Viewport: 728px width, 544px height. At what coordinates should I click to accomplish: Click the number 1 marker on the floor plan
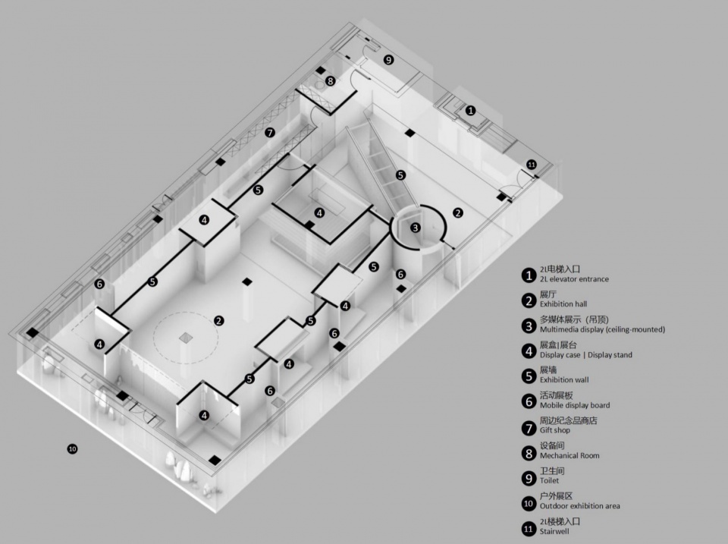click(471, 111)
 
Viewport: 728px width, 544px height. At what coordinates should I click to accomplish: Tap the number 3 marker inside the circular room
click(416, 228)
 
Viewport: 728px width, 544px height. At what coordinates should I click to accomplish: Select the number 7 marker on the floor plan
click(270, 133)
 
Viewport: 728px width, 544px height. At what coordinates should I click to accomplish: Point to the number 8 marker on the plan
click(330, 81)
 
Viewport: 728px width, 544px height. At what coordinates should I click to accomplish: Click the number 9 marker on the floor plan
click(388, 59)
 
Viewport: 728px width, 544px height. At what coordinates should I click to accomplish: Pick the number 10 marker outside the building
click(72, 448)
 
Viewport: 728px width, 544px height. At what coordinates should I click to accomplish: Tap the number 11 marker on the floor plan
click(531, 165)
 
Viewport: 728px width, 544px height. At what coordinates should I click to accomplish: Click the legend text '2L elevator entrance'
click(574, 279)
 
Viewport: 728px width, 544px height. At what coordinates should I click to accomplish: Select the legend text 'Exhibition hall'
click(563, 304)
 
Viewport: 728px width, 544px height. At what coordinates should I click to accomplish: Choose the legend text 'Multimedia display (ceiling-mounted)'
click(602, 330)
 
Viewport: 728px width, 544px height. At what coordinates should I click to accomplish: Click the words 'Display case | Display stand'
click(586, 355)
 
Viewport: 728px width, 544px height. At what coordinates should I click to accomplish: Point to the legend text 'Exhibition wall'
click(564, 380)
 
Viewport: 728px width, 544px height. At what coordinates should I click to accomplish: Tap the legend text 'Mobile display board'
click(575, 405)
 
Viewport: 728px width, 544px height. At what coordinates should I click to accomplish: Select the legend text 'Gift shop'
click(555, 431)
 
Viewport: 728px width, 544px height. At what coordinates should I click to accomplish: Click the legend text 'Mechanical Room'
click(570, 456)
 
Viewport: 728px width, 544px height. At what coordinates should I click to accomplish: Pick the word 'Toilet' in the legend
click(549, 481)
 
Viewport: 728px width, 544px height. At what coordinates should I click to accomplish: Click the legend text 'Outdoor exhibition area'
click(579, 506)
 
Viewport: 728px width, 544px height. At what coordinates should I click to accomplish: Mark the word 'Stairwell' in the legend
click(554, 531)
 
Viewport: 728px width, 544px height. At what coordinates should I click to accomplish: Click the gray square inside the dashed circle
click(186, 338)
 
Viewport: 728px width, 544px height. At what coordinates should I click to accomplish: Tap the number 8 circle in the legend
click(529, 453)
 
